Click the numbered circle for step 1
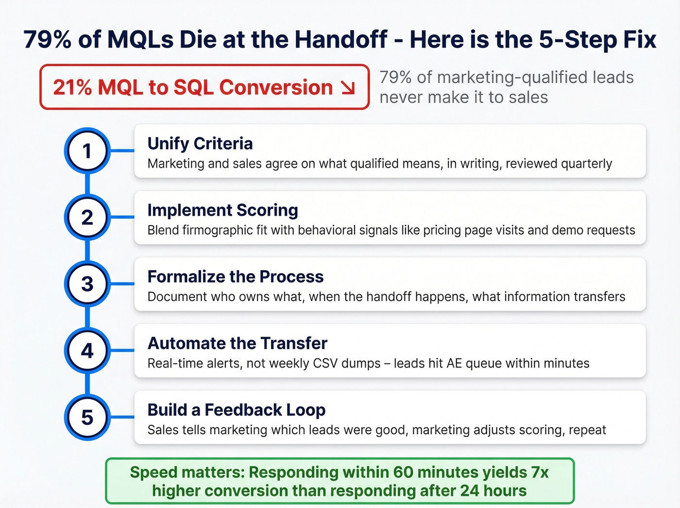pos(87,151)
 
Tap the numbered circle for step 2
pos(87,217)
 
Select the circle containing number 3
pos(87,284)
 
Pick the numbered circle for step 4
pos(87,350)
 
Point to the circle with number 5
pos(87,417)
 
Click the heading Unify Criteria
pos(200,143)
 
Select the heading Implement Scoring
pos(222,210)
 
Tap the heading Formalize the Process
pos(236,277)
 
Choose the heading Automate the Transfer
pos(238,343)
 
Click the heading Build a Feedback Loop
pos(237,410)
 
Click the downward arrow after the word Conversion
pos(348,88)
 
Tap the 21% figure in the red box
pos(72,88)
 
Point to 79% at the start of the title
pos(47,39)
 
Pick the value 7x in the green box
pos(540,472)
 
